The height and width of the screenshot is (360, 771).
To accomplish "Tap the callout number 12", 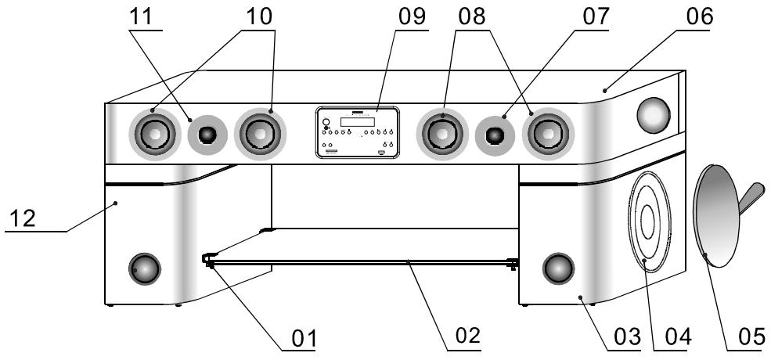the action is [x=23, y=218].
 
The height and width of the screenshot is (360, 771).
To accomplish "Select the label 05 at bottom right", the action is [x=752, y=337].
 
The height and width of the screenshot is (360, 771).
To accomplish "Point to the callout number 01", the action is [x=304, y=338].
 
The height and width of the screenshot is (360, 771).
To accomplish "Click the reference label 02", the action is [x=467, y=336].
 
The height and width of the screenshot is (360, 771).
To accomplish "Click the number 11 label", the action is [x=141, y=16].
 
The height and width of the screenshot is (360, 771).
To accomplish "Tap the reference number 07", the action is [x=596, y=16].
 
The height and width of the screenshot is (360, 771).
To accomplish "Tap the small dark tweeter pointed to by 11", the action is [x=207, y=135].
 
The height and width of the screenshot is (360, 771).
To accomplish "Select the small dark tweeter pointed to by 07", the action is [x=495, y=135].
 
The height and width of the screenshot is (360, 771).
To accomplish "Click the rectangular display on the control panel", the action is [x=358, y=122].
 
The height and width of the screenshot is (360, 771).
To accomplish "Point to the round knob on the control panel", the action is [x=326, y=122].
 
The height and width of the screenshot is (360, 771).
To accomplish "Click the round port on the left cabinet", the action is [x=145, y=268].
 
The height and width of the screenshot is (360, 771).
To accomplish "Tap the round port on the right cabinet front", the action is [x=559, y=268].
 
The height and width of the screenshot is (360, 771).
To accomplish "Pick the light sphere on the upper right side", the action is [x=654, y=115].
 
